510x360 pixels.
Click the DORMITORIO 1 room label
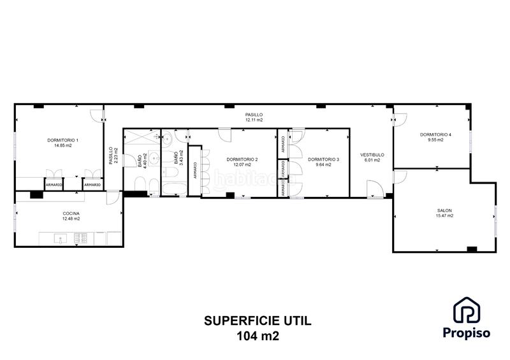tap(62, 140)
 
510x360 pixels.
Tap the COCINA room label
tap(71, 213)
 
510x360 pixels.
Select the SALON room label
tap(444, 211)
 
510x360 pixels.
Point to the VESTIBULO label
tap(372, 155)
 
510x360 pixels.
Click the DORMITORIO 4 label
tap(435, 134)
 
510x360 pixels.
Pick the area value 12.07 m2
tap(242, 165)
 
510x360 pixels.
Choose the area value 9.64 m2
tap(324, 165)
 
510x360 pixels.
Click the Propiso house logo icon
tap(467, 310)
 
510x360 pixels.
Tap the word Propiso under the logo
tap(467, 333)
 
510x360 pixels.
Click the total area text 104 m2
tap(258, 336)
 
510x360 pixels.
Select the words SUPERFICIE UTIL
tap(258, 321)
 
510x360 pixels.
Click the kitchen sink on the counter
tap(61, 238)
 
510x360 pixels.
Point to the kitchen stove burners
tap(81, 238)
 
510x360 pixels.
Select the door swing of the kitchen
tap(113, 198)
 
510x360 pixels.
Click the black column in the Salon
tap(472, 249)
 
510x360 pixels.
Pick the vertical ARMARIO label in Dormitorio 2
tap(195, 170)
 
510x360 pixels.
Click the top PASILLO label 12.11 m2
tap(254, 117)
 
